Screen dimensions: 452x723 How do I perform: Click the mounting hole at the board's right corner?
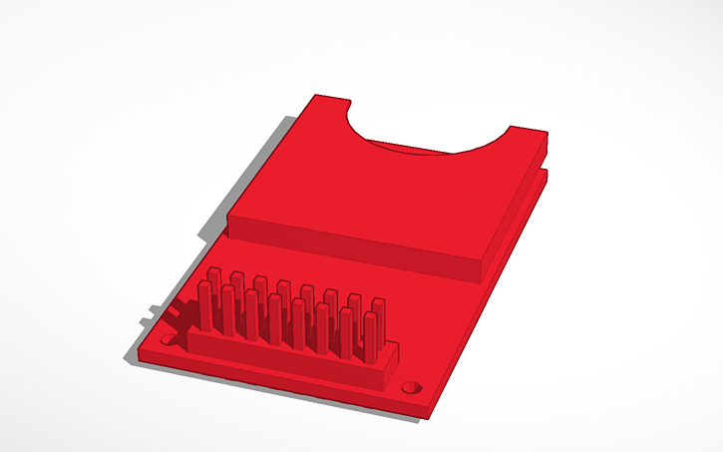(409, 386)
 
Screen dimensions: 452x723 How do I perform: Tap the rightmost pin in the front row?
(370, 337)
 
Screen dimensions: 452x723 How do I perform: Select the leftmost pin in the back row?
(213, 284)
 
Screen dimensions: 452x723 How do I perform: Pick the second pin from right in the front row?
(347, 333)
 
